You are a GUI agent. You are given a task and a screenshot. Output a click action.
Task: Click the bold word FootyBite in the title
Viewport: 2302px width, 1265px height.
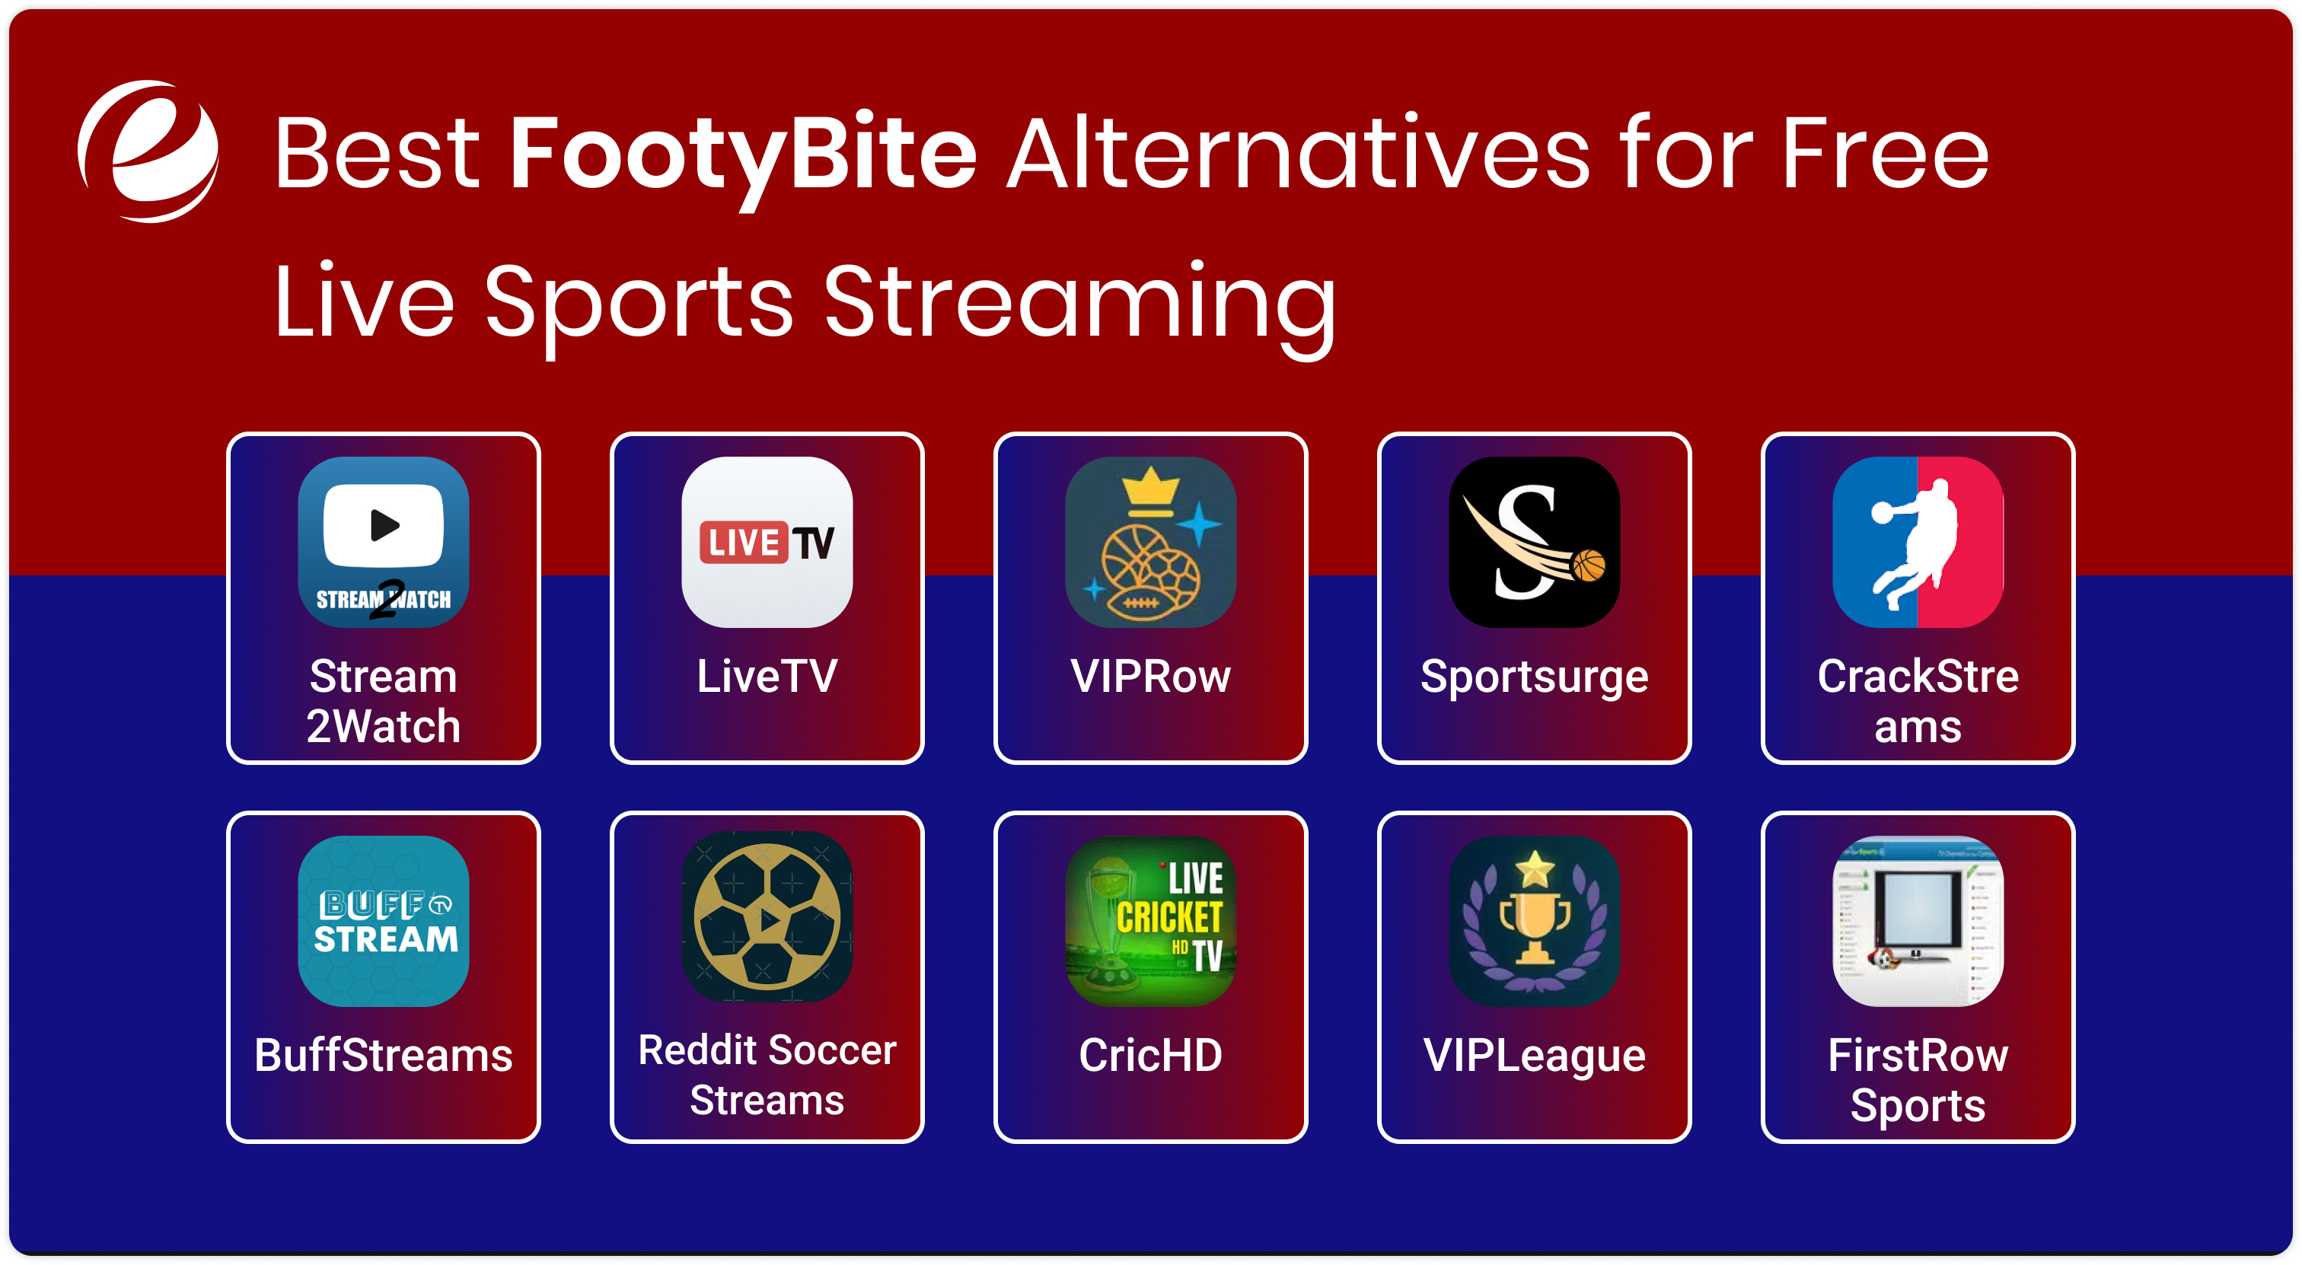(743, 154)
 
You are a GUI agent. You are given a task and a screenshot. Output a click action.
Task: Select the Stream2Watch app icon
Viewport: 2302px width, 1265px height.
(384, 541)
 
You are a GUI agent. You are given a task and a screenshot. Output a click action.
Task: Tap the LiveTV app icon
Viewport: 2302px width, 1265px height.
(767, 541)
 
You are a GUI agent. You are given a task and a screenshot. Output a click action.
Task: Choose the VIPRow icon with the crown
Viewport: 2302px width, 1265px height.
(1150, 541)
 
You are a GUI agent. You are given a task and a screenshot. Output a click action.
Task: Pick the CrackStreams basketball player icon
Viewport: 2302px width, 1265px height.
(1917, 541)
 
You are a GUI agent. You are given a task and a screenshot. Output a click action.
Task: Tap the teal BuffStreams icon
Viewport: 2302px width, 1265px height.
(384, 920)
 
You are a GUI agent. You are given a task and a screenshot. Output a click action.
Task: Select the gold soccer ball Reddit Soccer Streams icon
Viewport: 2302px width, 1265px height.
(767, 916)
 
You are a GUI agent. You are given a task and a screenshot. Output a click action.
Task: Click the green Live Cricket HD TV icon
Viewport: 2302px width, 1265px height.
(1150, 920)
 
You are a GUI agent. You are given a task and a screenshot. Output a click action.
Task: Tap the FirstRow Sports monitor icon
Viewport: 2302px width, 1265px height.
(1917, 920)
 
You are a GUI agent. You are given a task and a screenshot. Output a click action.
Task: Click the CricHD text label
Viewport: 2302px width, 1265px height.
(1150, 1055)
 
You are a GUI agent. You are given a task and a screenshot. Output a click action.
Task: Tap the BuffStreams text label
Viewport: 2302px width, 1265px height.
(384, 1055)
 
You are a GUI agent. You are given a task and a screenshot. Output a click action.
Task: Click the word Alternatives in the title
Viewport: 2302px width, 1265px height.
(1298, 154)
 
